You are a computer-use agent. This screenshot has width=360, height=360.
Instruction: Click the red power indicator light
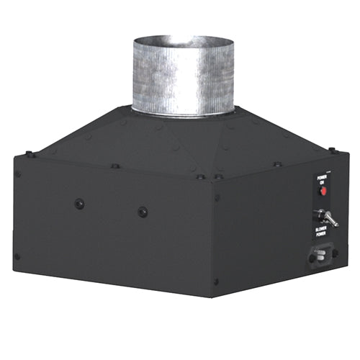323,192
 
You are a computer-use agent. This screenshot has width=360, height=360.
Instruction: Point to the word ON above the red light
323,182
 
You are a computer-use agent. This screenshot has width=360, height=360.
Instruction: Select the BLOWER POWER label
321,233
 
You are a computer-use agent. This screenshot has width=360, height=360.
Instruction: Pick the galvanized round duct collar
183,76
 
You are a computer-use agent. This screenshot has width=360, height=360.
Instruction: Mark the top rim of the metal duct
183,39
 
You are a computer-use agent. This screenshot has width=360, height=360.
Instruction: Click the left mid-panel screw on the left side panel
79,204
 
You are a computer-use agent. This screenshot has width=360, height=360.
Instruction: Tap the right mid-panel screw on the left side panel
143,212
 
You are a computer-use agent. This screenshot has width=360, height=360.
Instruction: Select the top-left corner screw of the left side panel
19,174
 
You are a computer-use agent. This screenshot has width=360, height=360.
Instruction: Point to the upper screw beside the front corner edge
217,197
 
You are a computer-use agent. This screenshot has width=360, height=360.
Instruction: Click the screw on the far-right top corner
332,150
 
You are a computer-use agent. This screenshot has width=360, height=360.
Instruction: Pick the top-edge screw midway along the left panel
115,166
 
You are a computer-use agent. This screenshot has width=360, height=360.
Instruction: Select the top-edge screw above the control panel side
277,164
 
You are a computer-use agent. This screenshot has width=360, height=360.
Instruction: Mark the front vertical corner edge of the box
212,238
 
